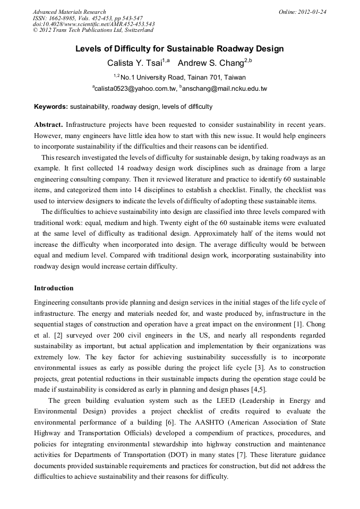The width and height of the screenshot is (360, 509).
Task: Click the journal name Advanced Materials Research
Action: point(69,12)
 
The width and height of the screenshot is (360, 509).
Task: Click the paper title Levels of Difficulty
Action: point(179,49)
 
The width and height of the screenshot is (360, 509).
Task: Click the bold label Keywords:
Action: point(51,107)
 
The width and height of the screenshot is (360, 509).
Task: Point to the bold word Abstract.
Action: point(48,125)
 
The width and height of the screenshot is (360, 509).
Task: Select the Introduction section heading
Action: point(54,288)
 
